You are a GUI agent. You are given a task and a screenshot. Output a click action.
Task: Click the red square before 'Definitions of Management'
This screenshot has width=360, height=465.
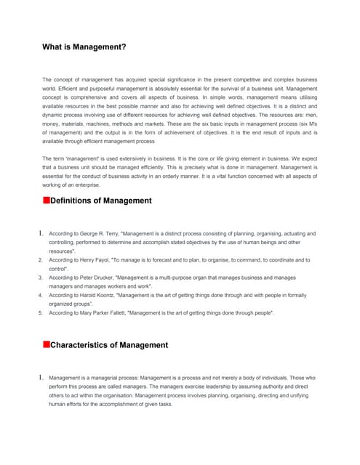point(46,200)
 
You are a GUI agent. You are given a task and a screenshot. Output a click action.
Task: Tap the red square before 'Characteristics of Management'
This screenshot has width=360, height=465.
point(46,344)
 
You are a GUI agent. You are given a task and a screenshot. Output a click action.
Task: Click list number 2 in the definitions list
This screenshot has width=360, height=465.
point(40,259)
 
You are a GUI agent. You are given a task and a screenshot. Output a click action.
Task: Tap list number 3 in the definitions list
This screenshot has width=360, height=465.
point(40,278)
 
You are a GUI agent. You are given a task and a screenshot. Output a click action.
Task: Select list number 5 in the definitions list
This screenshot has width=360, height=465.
point(40,312)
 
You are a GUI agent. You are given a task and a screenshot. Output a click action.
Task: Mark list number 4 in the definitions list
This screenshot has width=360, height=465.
point(40,295)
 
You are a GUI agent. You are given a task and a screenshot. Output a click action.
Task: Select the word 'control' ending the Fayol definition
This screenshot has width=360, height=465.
point(60,269)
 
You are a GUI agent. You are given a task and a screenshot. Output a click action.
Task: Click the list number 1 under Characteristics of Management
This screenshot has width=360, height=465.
point(40,378)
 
